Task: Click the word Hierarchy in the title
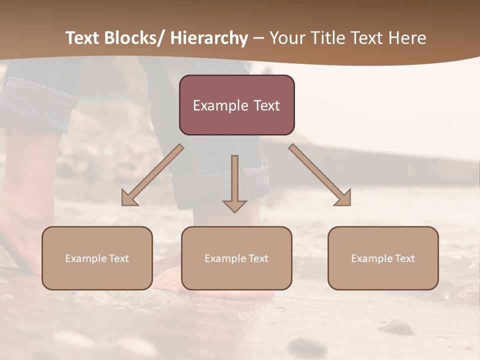point(209,38)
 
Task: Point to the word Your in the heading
point(286,38)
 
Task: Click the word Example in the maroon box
point(215,105)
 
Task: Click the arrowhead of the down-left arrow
point(129,199)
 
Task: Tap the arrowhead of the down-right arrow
point(343,199)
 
